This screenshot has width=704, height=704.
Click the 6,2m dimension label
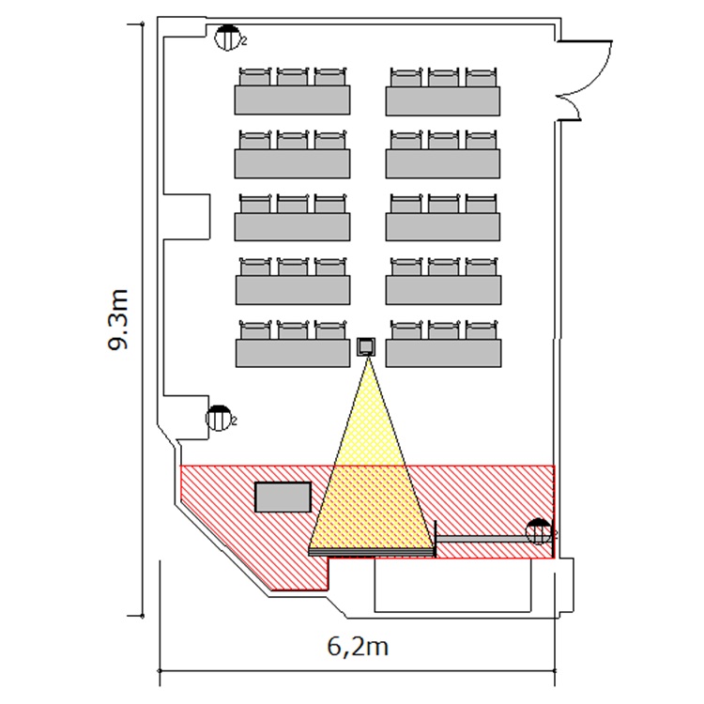click(x=358, y=647)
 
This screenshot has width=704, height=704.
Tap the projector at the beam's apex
click(x=367, y=346)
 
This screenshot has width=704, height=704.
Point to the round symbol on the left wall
click(x=219, y=419)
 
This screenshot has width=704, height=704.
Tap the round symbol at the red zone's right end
click(x=538, y=531)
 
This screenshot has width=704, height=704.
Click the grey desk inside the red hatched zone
click(x=283, y=497)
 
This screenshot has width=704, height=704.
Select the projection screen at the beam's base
click(x=372, y=551)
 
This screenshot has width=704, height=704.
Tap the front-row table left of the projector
click(x=292, y=353)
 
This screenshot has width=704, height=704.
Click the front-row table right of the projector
click(x=442, y=353)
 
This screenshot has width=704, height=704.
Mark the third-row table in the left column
click(x=292, y=225)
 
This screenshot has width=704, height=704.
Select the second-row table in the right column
click(x=442, y=162)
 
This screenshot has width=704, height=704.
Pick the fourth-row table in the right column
click(x=442, y=289)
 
